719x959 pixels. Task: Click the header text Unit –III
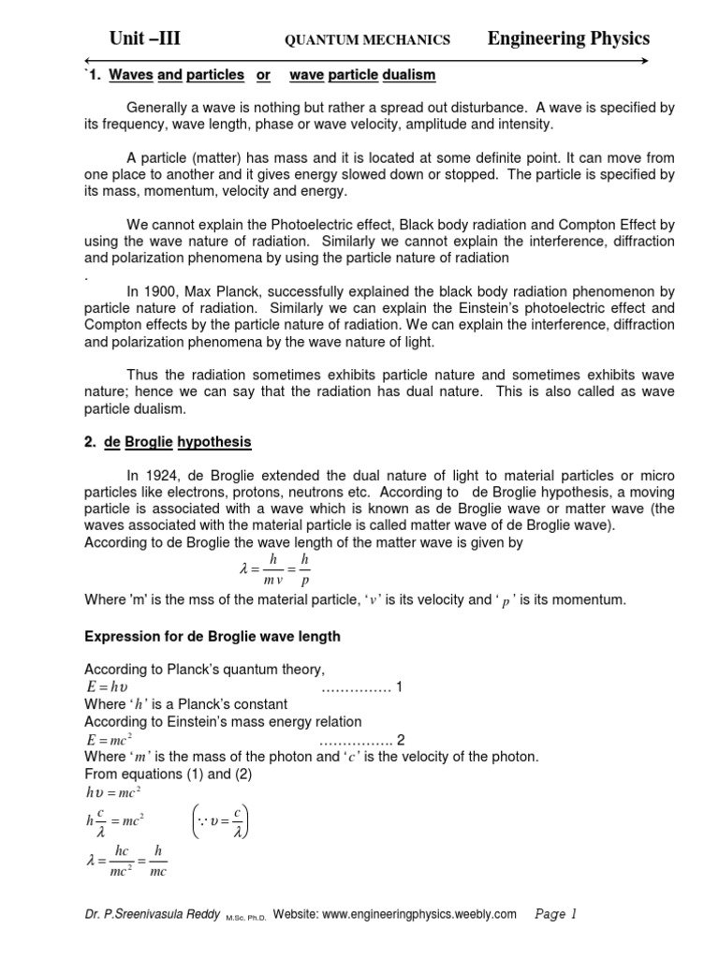(144, 38)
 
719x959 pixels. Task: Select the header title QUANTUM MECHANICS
(367, 40)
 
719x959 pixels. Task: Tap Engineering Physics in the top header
(568, 38)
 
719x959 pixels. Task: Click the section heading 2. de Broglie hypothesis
(168, 441)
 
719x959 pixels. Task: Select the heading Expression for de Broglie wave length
(213, 637)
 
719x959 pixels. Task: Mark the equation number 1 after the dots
(398, 687)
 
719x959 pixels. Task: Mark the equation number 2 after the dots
(402, 739)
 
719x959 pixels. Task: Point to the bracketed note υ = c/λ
(222, 821)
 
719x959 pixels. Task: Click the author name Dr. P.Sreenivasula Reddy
(152, 914)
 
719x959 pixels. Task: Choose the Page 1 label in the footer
(555, 913)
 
